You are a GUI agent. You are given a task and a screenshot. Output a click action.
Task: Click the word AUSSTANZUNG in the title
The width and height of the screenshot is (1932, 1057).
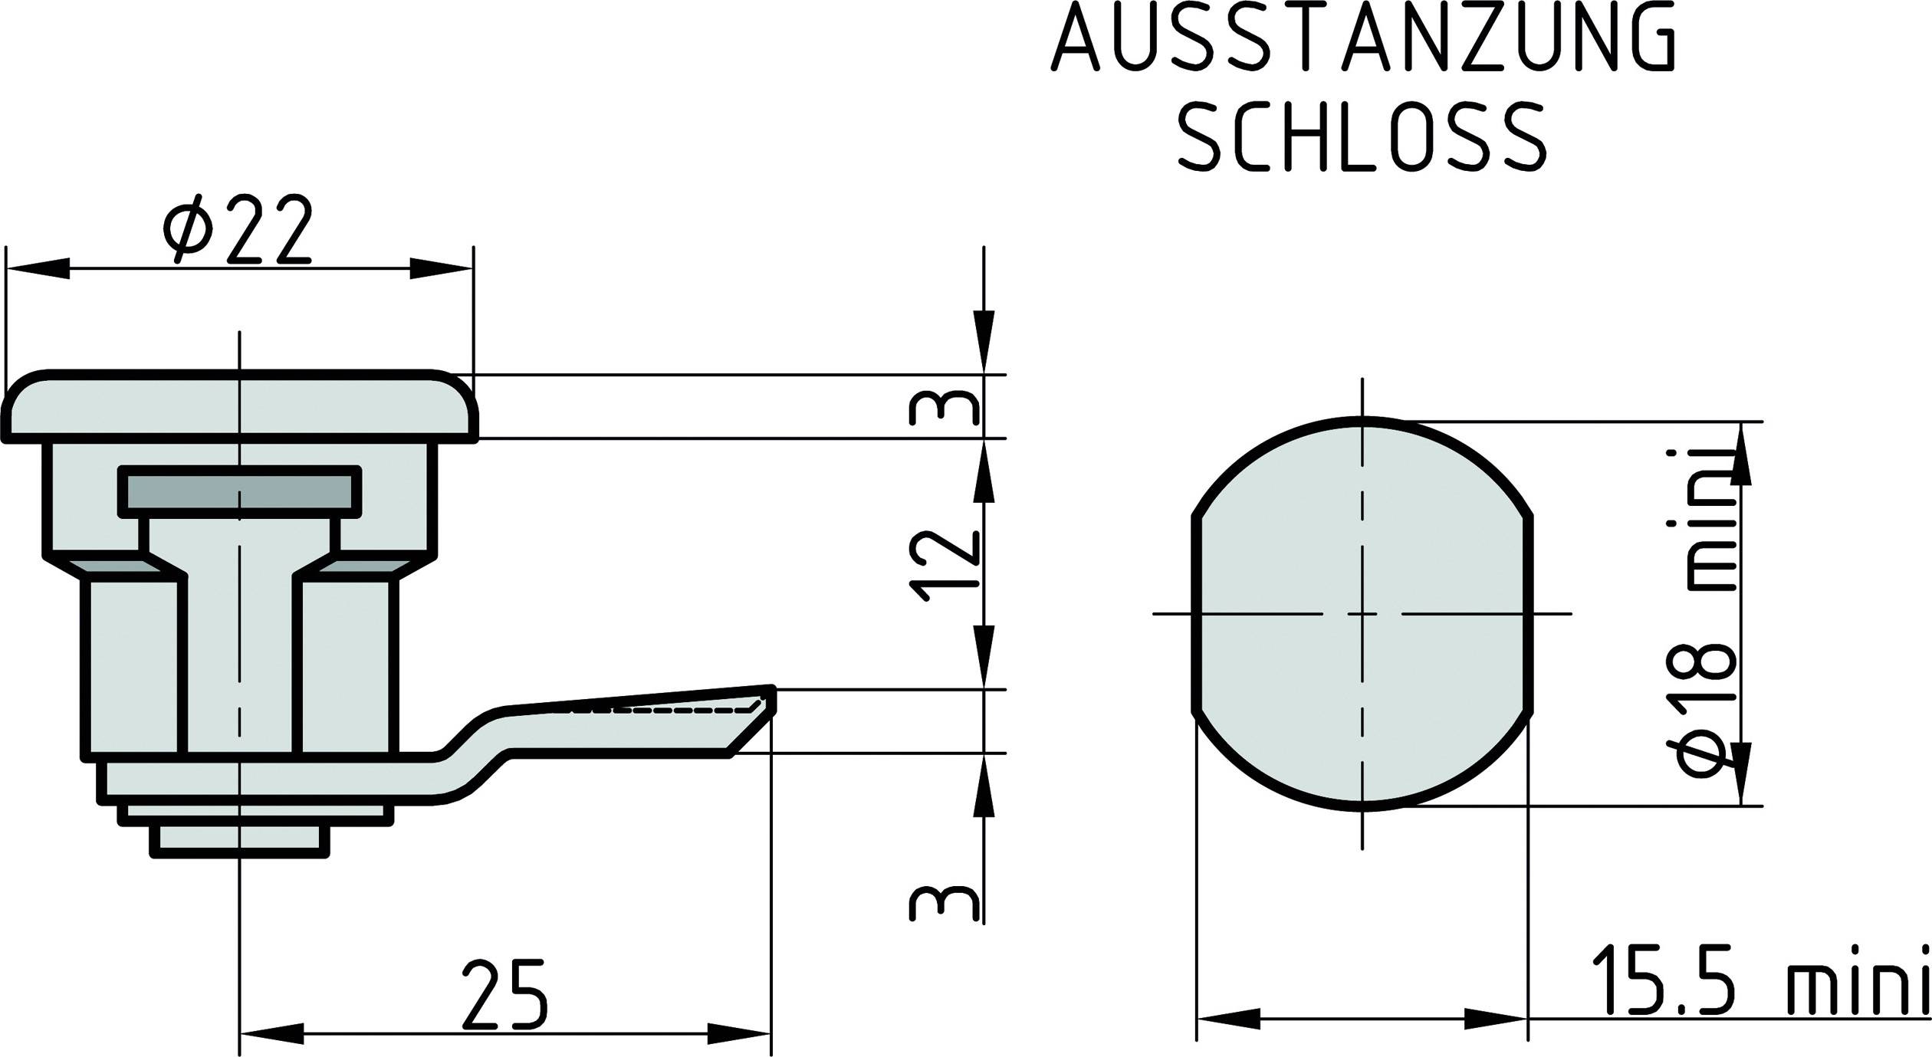(x=1363, y=38)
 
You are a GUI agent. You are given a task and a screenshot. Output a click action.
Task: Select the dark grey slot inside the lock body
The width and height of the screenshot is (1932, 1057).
(x=239, y=491)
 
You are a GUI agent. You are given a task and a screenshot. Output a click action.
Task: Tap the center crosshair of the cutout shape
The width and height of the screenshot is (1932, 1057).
(x=1362, y=613)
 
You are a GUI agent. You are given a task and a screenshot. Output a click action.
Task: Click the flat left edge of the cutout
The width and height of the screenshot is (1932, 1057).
(x=1194, y=613)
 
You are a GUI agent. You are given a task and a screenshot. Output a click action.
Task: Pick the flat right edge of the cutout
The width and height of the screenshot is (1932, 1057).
(x=1530, y=613)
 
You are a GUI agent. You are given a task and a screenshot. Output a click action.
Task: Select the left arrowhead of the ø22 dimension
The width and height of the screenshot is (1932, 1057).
(x=38, y=269)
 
